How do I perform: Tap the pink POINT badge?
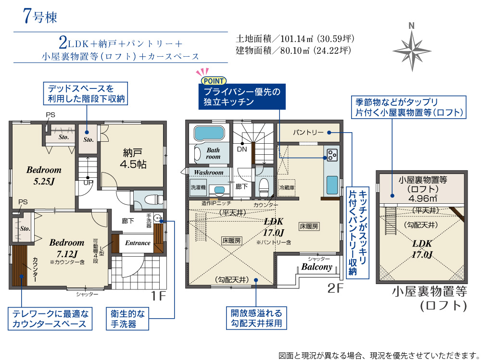pos(214,81)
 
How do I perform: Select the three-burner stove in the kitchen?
pos(332,155)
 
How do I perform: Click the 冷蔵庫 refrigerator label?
pos(287,187)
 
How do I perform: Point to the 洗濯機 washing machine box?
pos(198,187)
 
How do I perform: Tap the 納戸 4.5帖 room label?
pos(133,159)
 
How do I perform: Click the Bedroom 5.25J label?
pos(44,175)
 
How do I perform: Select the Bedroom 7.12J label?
pos(66,248)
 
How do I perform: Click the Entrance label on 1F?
pos(138,243)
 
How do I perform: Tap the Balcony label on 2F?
pos(317,267)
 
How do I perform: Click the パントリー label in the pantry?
pos(308,133)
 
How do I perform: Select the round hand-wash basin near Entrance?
pos(158,218)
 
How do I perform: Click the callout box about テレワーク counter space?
pos(50,319)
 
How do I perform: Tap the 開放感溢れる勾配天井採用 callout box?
pos(256,318)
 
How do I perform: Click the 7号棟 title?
pos(40,16)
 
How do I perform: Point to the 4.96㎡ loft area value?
pos(423,199)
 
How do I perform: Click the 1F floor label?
pos(158,296)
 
